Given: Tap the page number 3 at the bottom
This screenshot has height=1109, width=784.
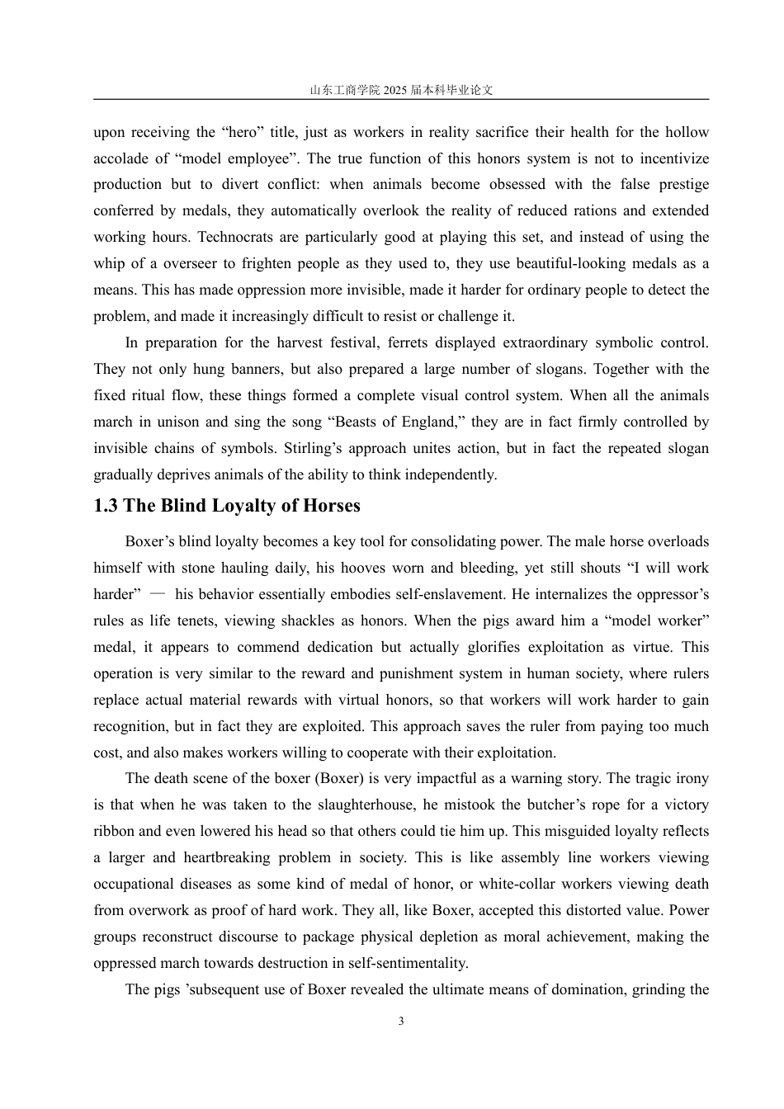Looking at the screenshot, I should pyautogui.click(x=401, y=1022).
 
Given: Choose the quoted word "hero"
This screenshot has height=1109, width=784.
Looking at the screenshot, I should pyautogui.click(x=242, y=132).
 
